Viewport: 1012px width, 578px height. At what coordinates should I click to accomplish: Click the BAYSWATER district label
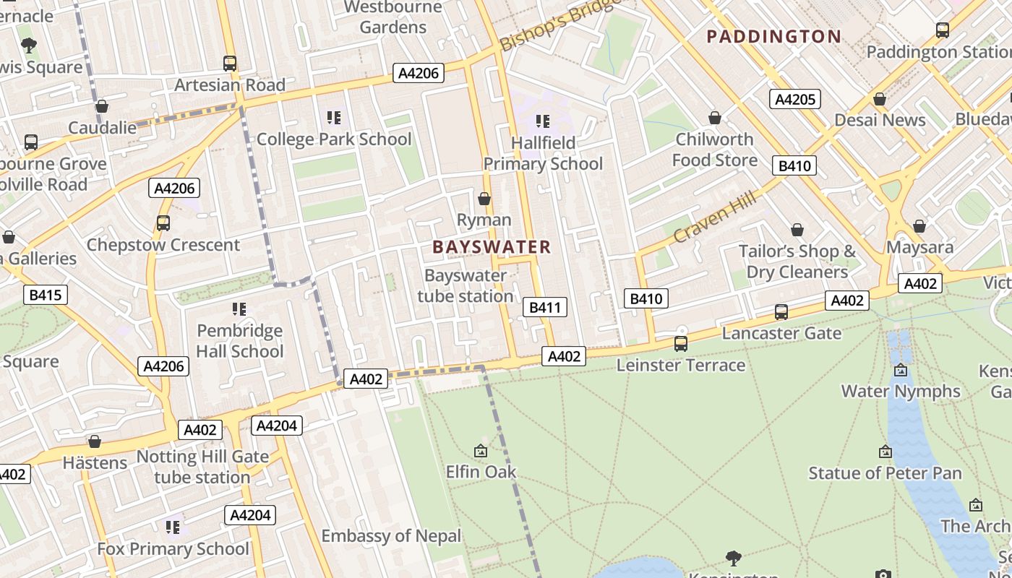pos(492,247)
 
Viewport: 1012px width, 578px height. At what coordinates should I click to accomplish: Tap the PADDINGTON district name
pos(773,36)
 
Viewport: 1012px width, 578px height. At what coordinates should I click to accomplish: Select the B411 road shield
pos(544,307)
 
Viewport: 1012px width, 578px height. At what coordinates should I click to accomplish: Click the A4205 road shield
pos(795,99)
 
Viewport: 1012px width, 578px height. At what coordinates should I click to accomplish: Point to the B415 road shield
pos(46,295)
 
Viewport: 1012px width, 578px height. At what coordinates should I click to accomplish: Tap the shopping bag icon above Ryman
pos(484,199)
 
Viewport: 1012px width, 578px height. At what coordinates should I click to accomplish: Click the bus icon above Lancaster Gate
pos(781,312)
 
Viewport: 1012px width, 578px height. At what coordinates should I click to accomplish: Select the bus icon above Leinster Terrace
pos(680,344)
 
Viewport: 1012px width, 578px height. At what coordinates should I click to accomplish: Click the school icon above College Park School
pos(333,118)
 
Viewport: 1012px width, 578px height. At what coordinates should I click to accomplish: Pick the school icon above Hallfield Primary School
pos(542,121)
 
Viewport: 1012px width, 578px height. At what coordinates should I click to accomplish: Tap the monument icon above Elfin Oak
pos(481,452)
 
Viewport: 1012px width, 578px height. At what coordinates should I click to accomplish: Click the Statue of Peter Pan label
pos(885,473)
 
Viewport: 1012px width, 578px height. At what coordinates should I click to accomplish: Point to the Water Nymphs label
pos(901,392)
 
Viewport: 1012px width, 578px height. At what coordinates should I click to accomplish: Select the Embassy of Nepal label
pos(391,536)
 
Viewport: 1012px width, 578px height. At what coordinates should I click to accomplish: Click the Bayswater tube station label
pos(466,286)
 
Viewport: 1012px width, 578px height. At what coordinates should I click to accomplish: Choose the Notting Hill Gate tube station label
pos(202,467)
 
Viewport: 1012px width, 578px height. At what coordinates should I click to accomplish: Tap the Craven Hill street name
pos(714,217)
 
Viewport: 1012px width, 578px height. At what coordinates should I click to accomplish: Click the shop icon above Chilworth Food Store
pos(715,118)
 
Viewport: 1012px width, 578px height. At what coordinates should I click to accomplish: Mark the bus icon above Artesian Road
pos(230,64)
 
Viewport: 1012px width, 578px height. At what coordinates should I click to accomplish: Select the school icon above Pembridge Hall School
pos(239,309)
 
